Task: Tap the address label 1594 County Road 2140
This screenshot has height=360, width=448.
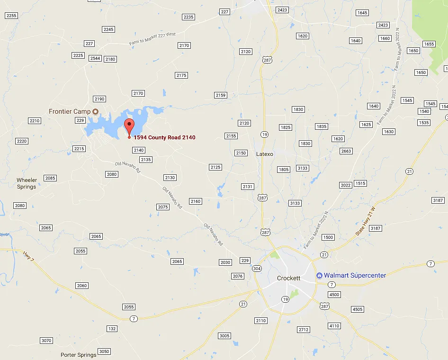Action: (x=164, y=137)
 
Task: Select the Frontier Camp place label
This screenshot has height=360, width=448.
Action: (x=70, y=111)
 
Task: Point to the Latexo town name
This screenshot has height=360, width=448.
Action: (x=265, y=154)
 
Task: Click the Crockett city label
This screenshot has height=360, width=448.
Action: (x=288, y=278)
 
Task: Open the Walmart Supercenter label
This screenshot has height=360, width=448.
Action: (x=355, y=275)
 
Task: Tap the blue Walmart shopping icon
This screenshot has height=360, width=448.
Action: (x=319, y=275)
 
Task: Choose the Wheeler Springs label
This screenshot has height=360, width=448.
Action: (x=27, y=183)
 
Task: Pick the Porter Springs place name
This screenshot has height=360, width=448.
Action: (x=79, y=355)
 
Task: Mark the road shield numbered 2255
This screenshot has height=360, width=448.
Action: (x=11, y=16)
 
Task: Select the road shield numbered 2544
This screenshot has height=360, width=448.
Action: (x=95, y=58)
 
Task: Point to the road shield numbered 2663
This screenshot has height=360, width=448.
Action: (x=346, y=151)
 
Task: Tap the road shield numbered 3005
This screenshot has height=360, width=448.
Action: (x=224, y=336)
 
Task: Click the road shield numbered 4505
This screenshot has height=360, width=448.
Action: (x=358, y=309)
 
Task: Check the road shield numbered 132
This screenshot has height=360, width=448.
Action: (x=112, y=329)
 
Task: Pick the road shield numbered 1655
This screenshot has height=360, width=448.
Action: (x=429, y=44)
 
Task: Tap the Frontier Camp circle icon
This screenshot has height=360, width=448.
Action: (x=95, y=111)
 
